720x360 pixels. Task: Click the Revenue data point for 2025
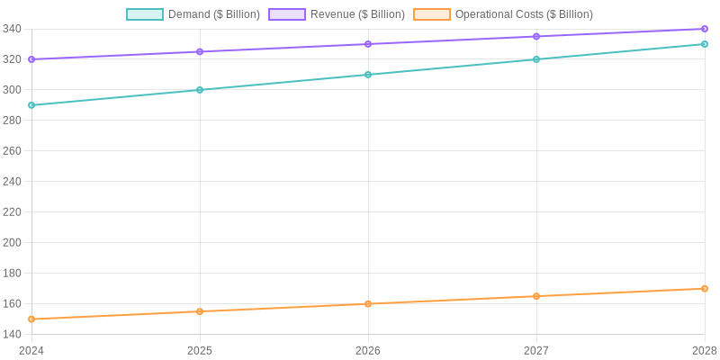pos(200,51)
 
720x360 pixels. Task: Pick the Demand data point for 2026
pos(368,75)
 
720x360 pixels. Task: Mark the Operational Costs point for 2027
pos(536,296)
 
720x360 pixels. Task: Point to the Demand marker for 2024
pos(31,105)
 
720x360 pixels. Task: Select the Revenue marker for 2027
pos(536,36)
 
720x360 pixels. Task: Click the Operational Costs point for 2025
pos(200,311)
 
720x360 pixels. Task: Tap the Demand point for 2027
pos(536,59)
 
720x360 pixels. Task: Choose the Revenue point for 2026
pos(368,44)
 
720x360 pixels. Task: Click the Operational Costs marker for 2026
pos(368,303)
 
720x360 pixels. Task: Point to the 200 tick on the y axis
pos(12,242)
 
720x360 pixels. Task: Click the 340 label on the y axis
pos(12,29)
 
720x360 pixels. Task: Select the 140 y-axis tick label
pos(12,334)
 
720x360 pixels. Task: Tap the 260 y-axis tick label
pos(12,150)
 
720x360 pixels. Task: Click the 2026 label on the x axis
pos(368,350)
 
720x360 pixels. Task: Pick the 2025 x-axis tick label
pos(200,350)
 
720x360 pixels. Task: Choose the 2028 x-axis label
pos(705,350)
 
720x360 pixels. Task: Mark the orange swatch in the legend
pos(432,14)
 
